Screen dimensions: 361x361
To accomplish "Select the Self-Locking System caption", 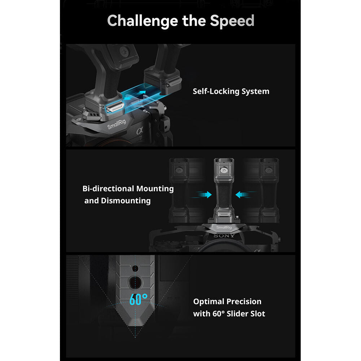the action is (x=231, y=91).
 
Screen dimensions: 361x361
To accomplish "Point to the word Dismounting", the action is (x=126, y=201).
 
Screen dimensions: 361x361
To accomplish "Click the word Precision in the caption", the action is (x=244, y=301).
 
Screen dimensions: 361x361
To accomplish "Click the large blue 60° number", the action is (x=138, y=299).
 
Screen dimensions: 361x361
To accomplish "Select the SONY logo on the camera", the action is (x=224, y=236).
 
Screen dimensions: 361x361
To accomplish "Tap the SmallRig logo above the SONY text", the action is (x=224, y=227).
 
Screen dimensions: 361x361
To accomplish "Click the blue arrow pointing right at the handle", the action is (x=204, y=195).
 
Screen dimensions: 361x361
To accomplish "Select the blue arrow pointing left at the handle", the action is (x=243, y=195).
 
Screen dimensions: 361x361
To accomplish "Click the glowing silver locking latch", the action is (x=115, y=107).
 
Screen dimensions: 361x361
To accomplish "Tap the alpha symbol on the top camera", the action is (x=140, y=131).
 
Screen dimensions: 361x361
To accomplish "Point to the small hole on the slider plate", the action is (x=135, y=269).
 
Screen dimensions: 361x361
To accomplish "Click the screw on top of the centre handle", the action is (x=224, y=170).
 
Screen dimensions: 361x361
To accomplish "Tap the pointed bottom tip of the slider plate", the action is (x=135, y=325).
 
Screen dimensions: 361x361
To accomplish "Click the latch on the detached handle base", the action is (x=174, y=82).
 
